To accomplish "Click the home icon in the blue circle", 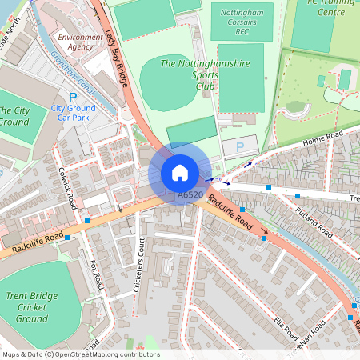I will pyautogui.click(x=180, y=173).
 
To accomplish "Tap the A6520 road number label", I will pyautogui.click(x=190, y=194).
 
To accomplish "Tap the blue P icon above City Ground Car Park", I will pyautogui.click(x=72, y=97).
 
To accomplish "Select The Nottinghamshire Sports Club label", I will pyautogui.click(x=196, y=74).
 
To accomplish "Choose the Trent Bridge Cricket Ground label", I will pyautogui.click(x=31, y=307).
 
